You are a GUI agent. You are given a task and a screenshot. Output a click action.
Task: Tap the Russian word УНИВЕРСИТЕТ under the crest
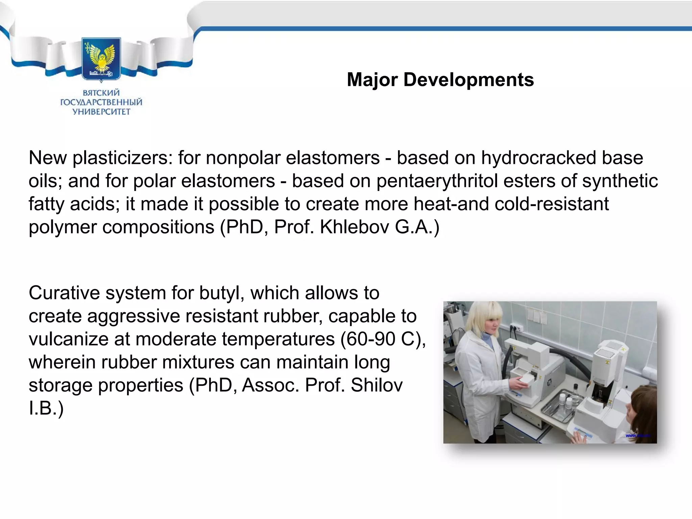pyautogui.click(x=101, y=112)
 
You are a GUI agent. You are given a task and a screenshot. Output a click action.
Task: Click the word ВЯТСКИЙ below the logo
pyautogui.click(x=101, y=93)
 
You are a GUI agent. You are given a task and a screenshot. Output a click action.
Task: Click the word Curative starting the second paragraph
pyautogui.click(x=64, y=293)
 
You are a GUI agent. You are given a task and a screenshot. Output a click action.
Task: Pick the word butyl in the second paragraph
pyautogui.click(x=222, y=293)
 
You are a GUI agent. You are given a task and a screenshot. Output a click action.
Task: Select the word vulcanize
pyautogui.click(x=68, y=339)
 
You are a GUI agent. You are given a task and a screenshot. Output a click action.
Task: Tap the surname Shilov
pyautogui.click(x=376, y=385)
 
